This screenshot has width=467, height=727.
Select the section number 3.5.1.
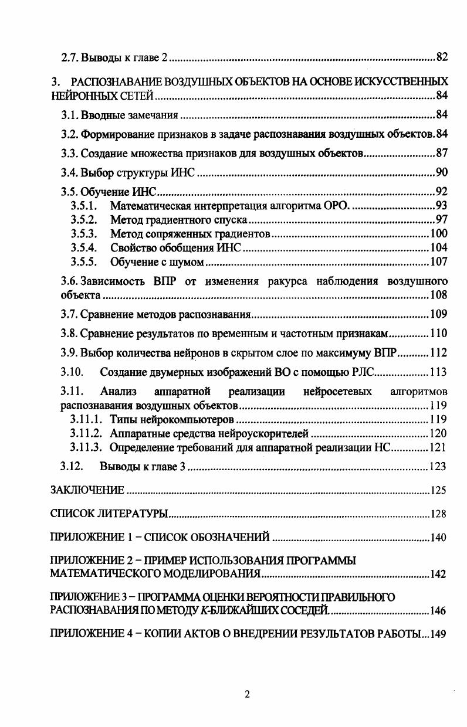(83, 206)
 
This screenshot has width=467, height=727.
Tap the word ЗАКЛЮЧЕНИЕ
(87, 490)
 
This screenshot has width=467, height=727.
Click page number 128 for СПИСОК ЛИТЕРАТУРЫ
(438, 514)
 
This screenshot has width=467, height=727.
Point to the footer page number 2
(247, 695)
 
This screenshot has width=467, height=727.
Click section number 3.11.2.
(87, 434)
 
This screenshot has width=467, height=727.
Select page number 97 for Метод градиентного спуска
(441, 220)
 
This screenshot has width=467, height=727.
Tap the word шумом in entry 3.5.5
(187, 262)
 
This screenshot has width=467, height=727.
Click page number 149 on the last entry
(438, 634)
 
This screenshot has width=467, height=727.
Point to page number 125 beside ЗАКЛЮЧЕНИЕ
(438, 490)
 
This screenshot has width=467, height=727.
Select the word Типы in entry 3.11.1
(122, 420)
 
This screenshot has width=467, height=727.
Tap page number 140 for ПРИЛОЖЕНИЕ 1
(438, 537)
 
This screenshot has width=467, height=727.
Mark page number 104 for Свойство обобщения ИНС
(438, 248)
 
